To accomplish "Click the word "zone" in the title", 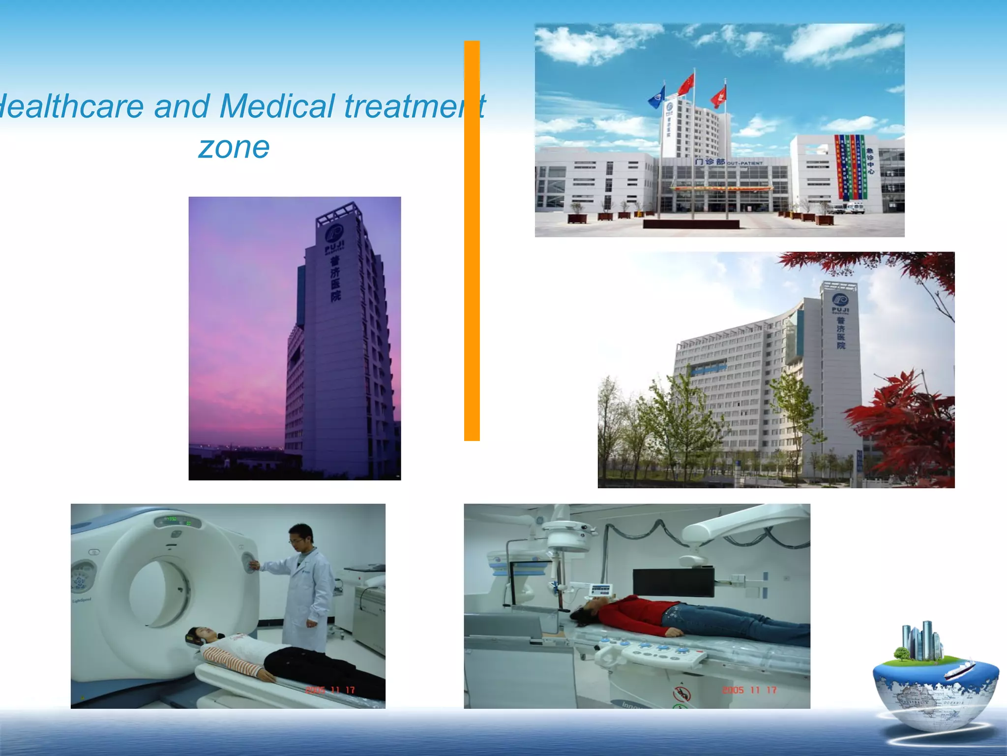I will pyautogui.click(x=234, y=147).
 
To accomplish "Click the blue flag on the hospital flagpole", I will pyautogui.click(x=656, y=97).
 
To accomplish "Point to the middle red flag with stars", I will pyautogui.click(x=686, y=84).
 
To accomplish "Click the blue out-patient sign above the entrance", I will pyautogui.click(x=728, y=162).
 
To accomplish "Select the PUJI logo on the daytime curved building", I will pyautogui.click(x=840, y=299).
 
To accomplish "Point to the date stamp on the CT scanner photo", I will pyautogui.click(x=330, y=690).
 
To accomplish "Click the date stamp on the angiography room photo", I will pyautogui.click(x=749, y=690).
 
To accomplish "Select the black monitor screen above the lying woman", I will pyautogui.click(x=673, y=582).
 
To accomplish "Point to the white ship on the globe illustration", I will pyautogui.click(x=959, y=669).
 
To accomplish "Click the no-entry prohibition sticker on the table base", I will pyautogui.click(x=681, y=694).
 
